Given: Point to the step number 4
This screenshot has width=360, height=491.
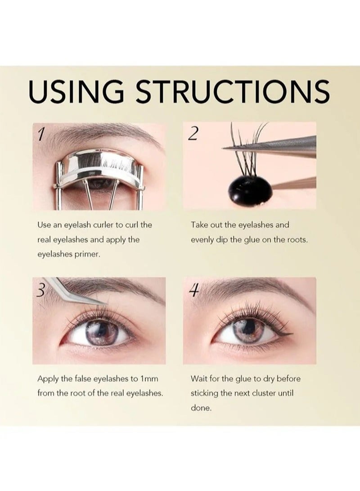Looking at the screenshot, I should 193,290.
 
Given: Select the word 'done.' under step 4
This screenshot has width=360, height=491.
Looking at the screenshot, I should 201,409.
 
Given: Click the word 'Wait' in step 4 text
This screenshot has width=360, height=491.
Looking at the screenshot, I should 200,378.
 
